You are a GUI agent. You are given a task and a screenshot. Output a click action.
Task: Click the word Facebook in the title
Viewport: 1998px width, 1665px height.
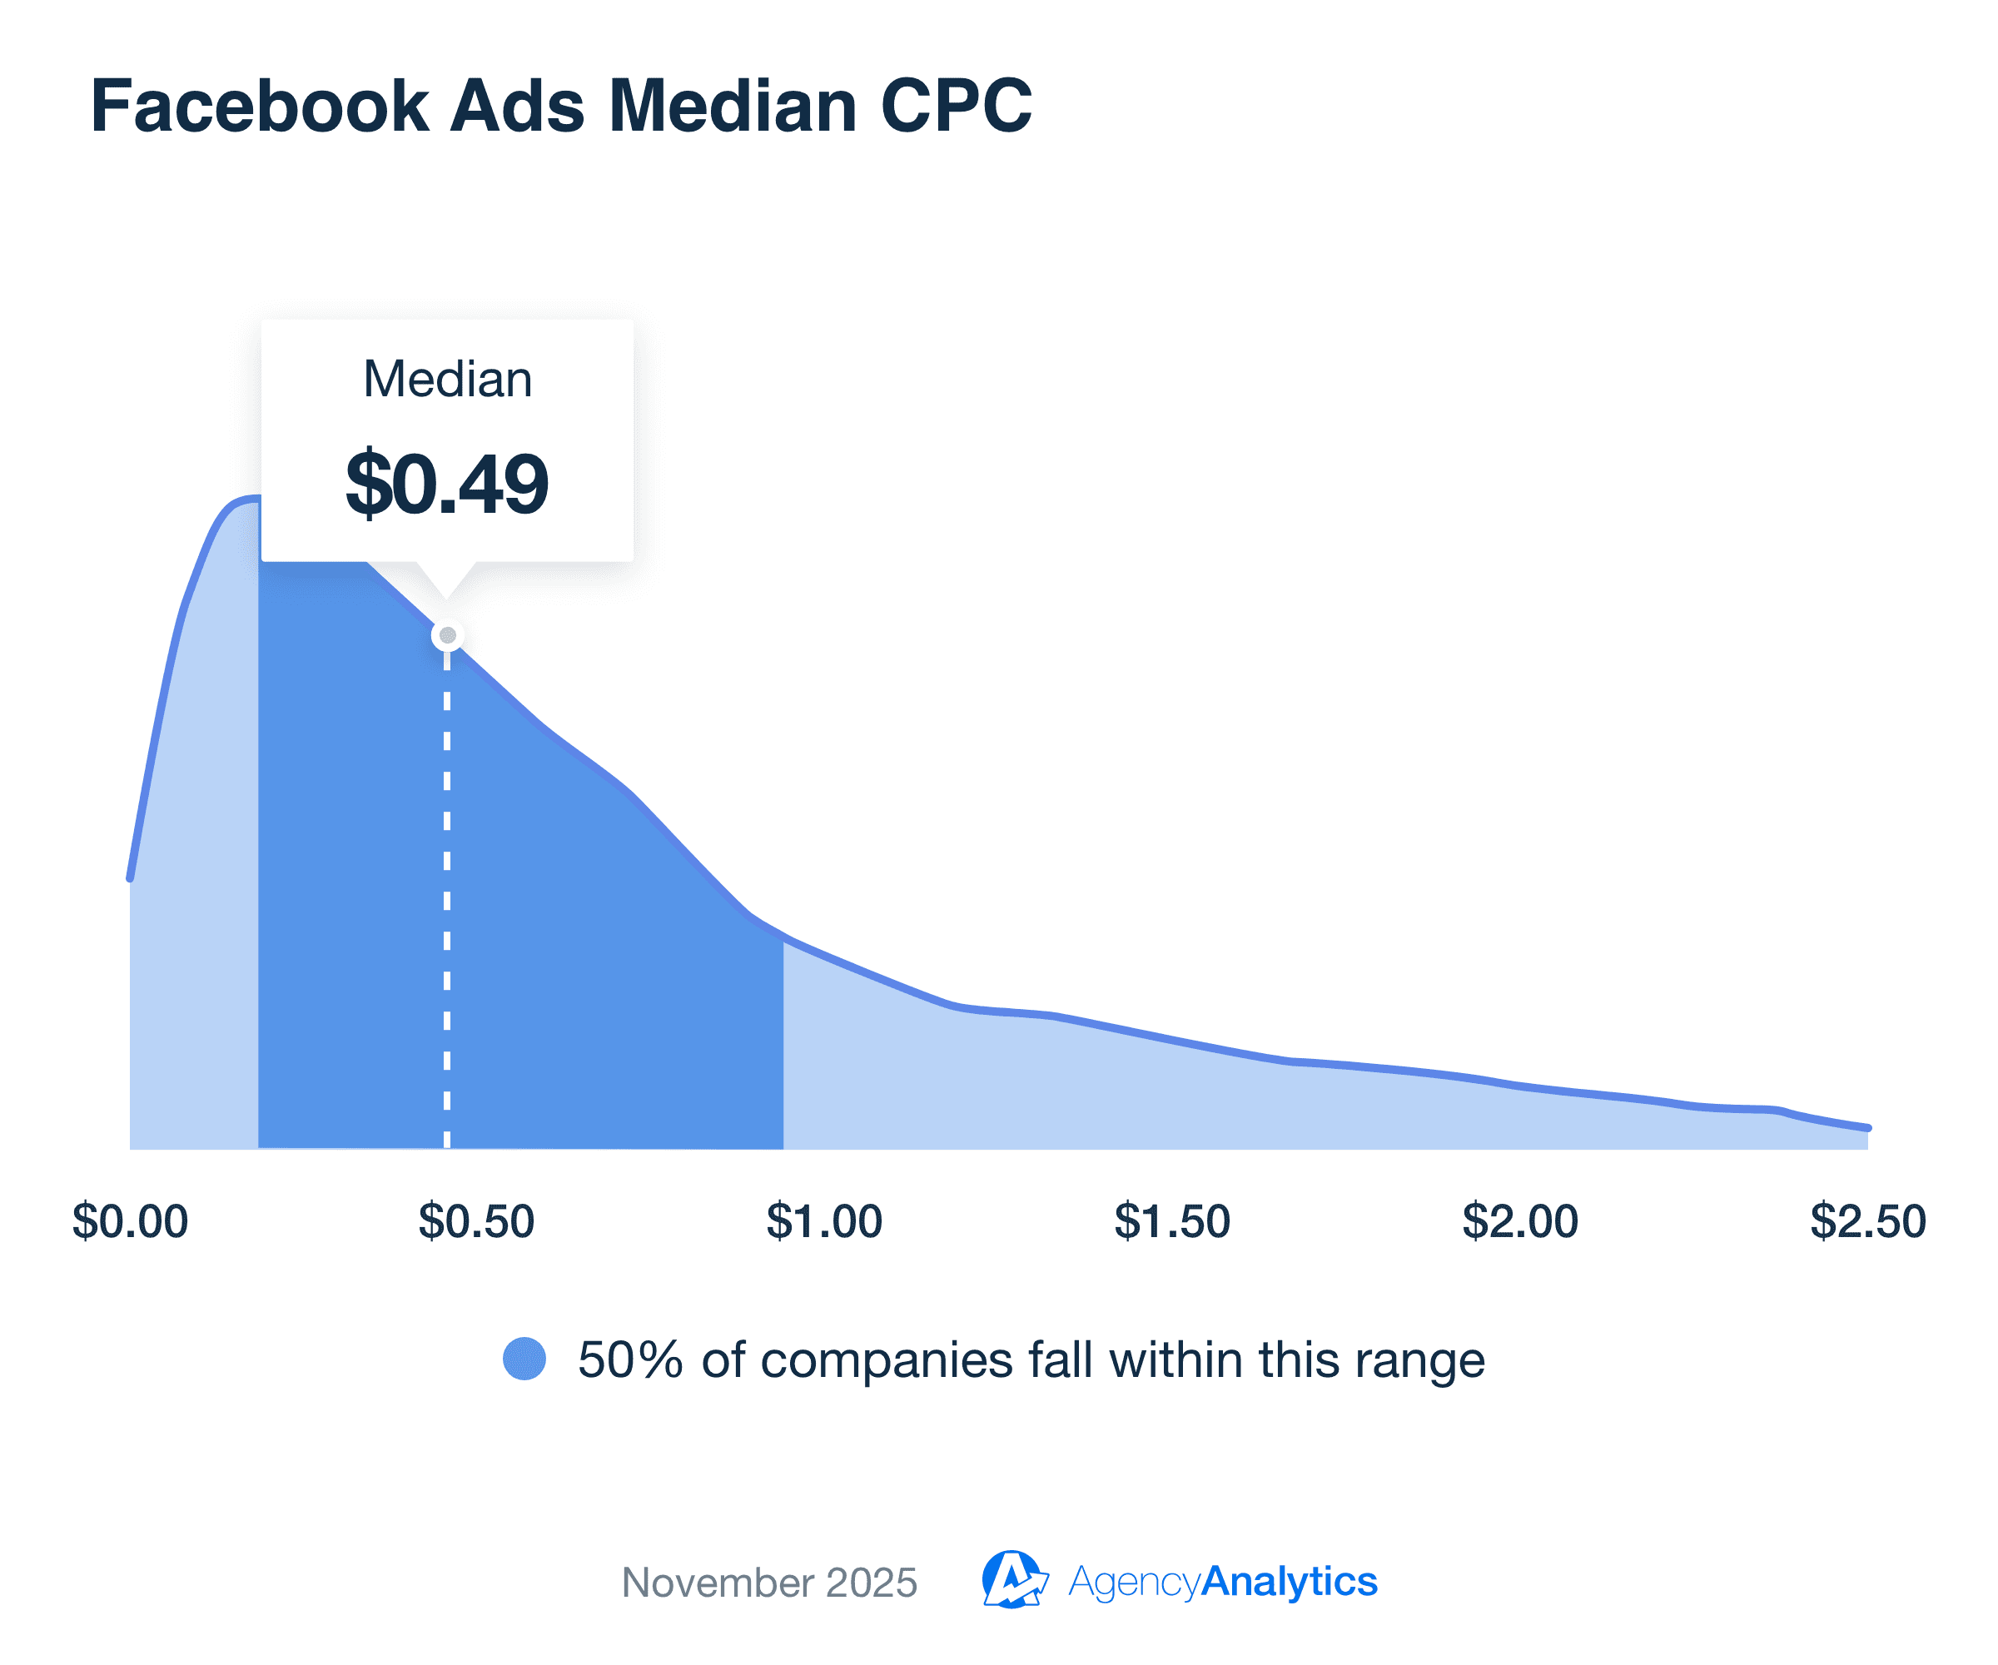pyautogui.click(x=260, y=106)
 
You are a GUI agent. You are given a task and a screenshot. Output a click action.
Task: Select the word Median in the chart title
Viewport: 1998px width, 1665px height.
pyautogui.click(x=733, y=106)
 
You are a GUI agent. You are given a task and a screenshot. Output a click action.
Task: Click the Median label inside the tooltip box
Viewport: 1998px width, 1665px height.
pyautogui.click(x=447, y=379)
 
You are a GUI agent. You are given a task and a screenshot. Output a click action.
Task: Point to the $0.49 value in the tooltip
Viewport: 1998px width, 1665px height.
pyautogui.click(x=447, y=485)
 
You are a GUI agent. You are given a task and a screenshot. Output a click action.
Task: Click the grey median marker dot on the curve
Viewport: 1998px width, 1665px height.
pyautogui.click(x=447, y=635)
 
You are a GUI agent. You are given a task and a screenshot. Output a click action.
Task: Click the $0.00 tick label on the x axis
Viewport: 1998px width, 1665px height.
pyautogui.click(x=131, y=1220)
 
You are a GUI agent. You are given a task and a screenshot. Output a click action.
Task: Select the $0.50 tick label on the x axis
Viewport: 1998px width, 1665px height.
pyautogui.click(x=477, y=1220)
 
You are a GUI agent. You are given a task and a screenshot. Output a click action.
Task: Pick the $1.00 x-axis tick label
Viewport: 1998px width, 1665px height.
pyautogui.click(x=825, y=1220)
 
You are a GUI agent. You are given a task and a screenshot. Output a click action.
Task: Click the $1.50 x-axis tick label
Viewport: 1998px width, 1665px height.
pyautogui.click(x=1172, y=1220)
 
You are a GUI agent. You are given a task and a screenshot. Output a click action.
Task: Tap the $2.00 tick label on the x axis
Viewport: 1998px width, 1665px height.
pyautogui.click(x=1520, y=1220)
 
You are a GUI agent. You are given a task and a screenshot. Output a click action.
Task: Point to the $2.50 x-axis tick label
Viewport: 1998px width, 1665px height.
pyautogui.click(x=1867, y=1220)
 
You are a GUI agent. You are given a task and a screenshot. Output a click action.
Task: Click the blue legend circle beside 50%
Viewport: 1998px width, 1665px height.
pyautogui.click(x=524, y=1359)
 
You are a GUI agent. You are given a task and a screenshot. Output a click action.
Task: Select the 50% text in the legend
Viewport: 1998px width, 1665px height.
pyautogui.click(x=630, y=1359)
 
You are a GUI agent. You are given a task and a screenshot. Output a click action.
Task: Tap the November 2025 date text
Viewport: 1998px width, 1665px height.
pyautogui.click(x=768, y=1583)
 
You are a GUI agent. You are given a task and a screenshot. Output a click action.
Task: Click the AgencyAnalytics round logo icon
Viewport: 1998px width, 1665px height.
pyautogui.click(x=1013, y=1579)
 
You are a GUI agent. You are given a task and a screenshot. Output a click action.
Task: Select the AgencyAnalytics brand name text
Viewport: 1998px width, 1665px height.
pyautogui.click(x=1223, y=1581)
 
